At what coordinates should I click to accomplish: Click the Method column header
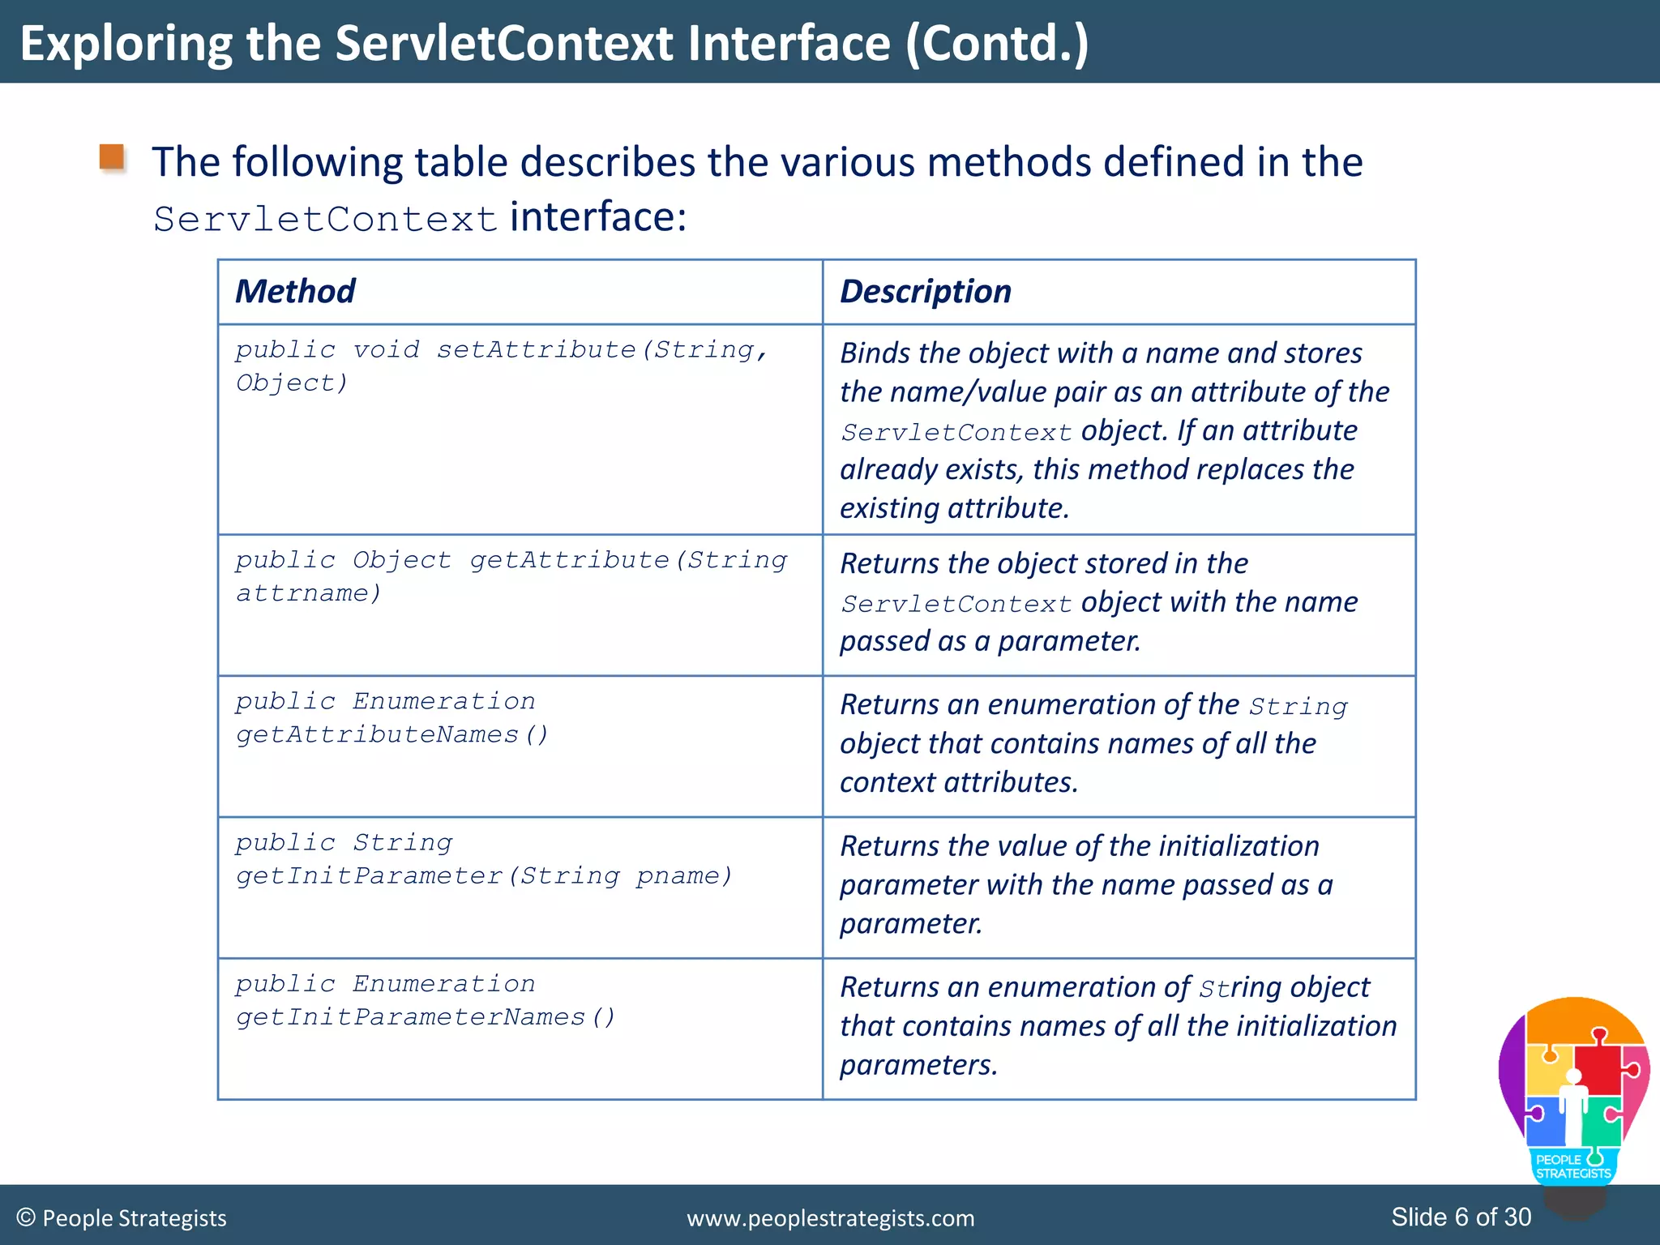click(x=295, y=292)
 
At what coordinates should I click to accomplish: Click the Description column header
click(x=925, y=292)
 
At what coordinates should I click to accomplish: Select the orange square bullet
click(x=112, y=157)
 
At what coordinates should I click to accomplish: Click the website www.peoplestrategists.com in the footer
click(x=830, y=1218)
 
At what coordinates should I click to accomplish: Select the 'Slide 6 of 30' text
click(x=1461, y=1217)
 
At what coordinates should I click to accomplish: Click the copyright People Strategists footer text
click(x=122, y=1218)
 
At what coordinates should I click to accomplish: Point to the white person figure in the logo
click(x=1573, y=1106)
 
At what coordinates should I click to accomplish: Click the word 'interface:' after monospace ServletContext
click(x=598, y=217)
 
